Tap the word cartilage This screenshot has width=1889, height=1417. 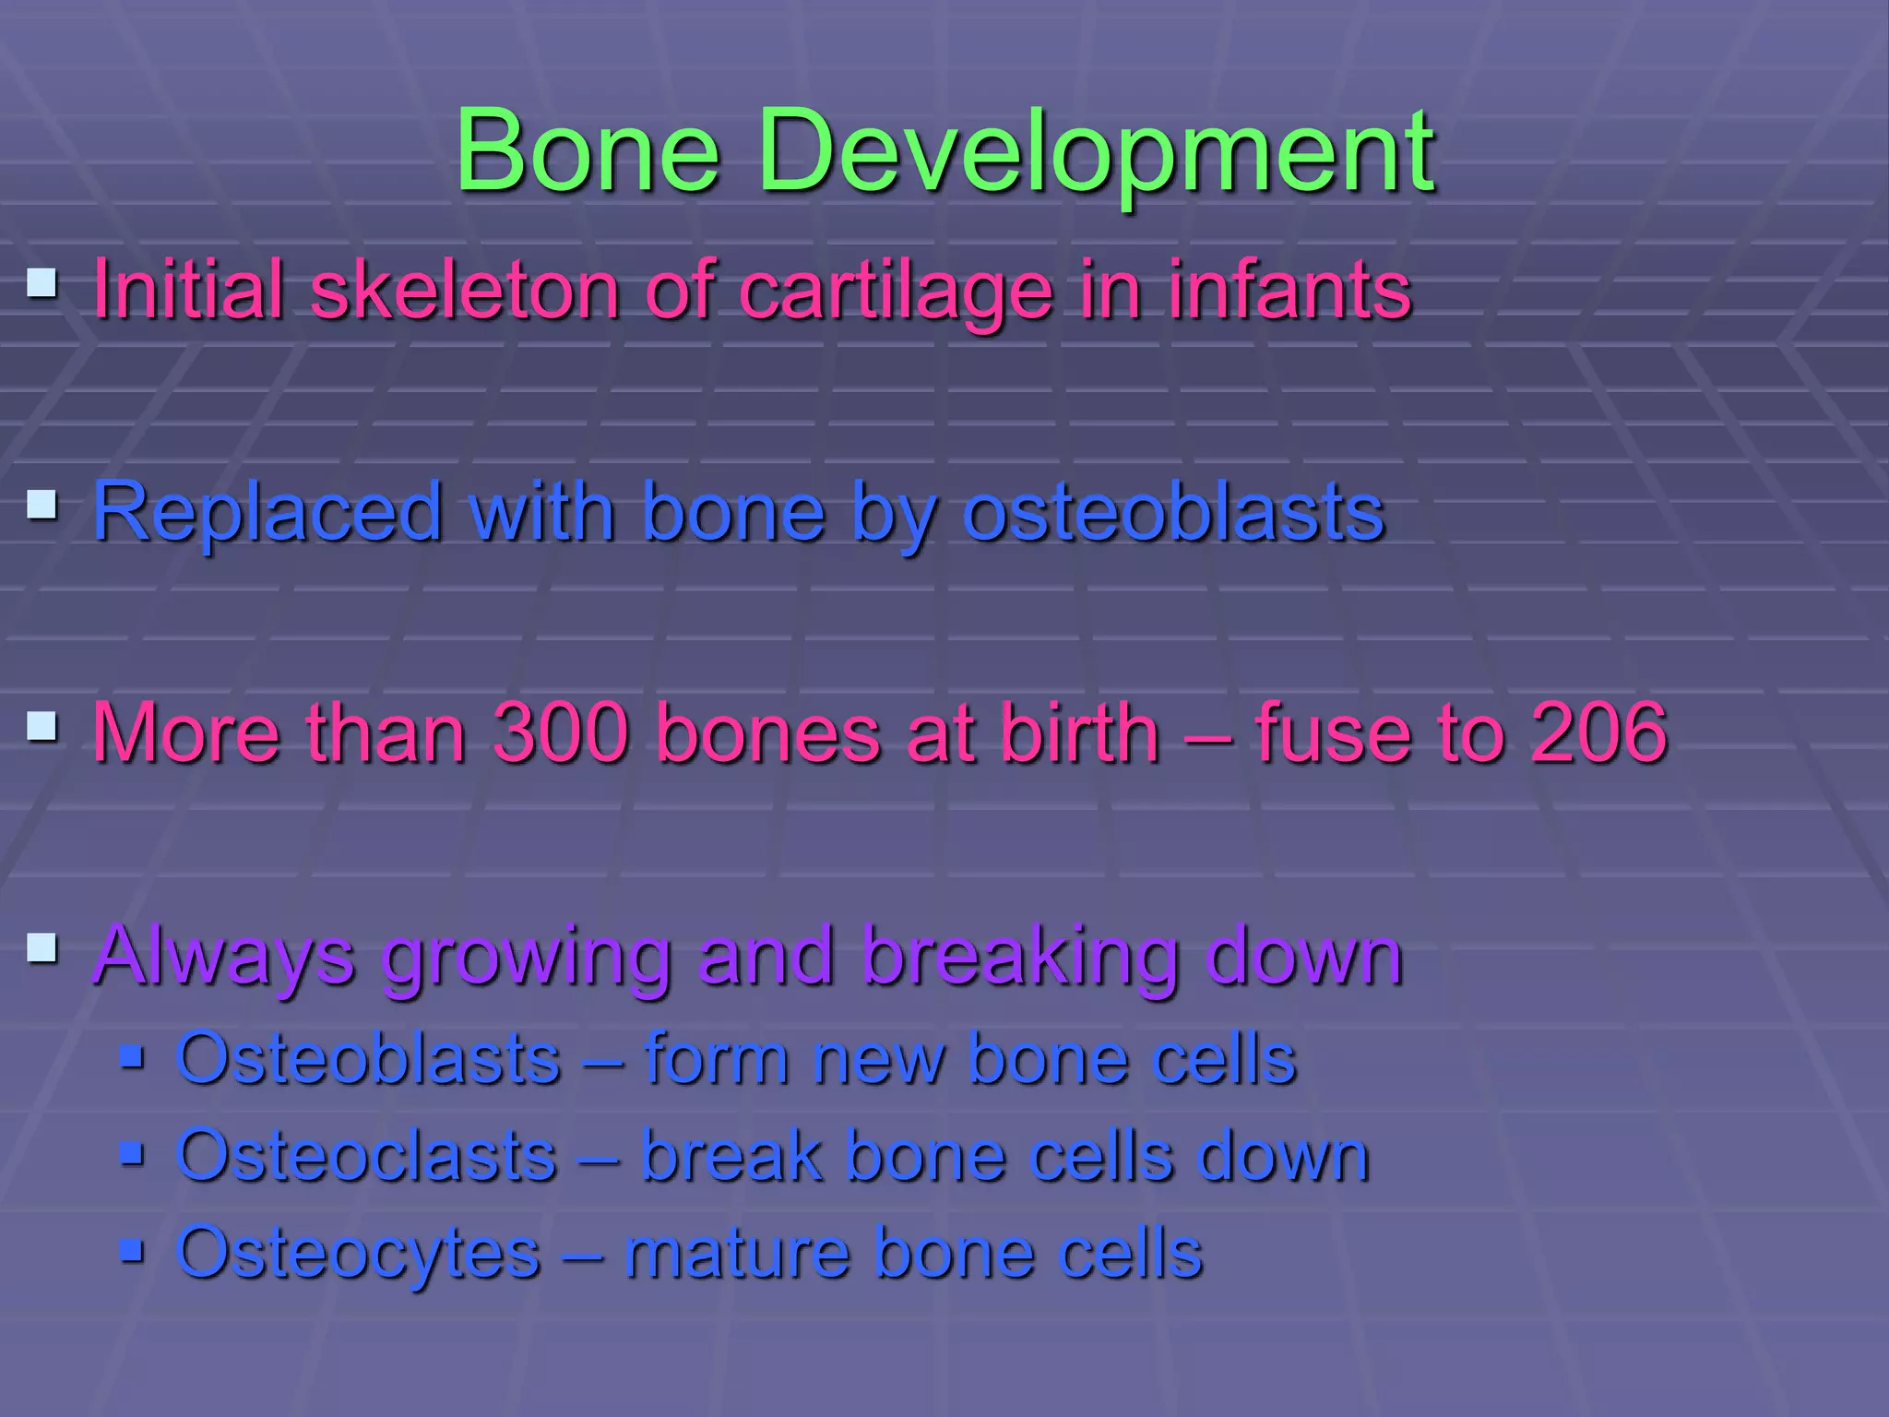coord(896,292)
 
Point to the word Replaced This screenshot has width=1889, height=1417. coord(267,512)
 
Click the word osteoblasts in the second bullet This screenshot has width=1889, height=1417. coord(1173,512)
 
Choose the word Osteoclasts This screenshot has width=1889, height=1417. coord(366,1155)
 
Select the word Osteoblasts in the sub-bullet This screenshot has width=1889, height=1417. coord(368,1058)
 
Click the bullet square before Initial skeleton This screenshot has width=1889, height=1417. coord(42,282)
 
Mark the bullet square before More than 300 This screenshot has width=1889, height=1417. coord(42,725)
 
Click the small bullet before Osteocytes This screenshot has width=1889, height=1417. coord(132,1250)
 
